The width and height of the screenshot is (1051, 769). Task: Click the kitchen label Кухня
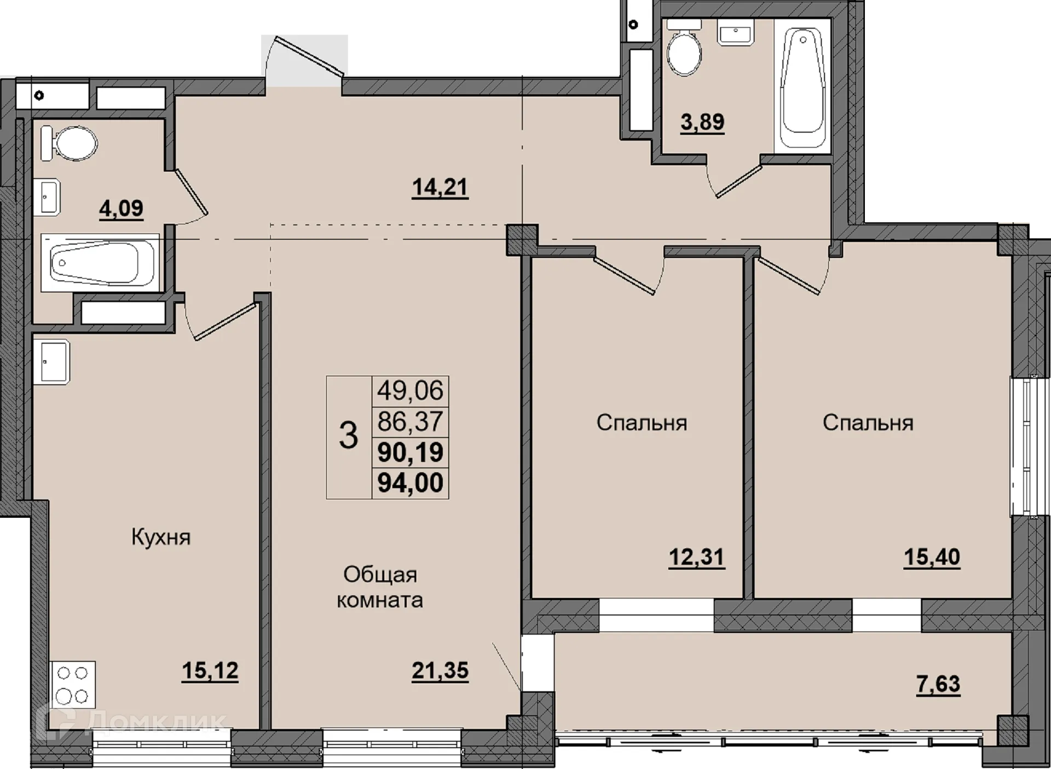[x=161, y=537]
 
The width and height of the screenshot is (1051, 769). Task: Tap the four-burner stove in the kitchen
[x=73, y=684]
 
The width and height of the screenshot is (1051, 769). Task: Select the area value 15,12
[x=210, y=670]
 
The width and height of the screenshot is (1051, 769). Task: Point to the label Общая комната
[x=380, y=587]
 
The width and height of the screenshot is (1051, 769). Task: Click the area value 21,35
[x=440, y=670]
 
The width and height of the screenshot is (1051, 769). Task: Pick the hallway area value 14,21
[x=440, y=188]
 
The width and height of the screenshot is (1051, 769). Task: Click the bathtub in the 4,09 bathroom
[x=100, y=263]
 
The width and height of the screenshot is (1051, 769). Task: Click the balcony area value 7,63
[x=938, y=684]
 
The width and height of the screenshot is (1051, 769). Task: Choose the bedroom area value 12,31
[x=697, y=558]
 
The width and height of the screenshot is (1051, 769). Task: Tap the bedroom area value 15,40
[x=932, y=558]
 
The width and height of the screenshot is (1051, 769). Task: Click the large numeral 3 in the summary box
[x=348, y=436]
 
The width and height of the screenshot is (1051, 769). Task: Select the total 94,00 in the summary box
[x=411, y=483]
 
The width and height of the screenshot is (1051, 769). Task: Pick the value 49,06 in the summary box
[x=410, y=391]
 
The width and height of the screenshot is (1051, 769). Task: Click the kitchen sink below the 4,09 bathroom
[x=51, y=362]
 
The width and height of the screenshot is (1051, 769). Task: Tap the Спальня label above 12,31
[x=642, y=423]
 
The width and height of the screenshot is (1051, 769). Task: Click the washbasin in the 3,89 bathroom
[x=736, y=32]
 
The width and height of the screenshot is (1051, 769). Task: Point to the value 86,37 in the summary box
[x=410, y=421]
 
